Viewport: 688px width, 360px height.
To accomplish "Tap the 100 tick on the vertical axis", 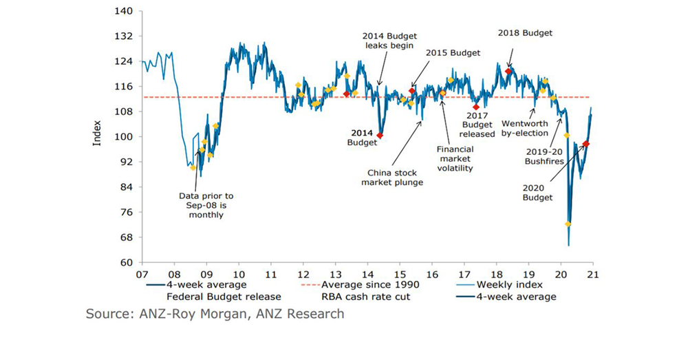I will tap(127, 137).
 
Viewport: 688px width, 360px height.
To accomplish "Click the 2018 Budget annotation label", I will tap(525, 32).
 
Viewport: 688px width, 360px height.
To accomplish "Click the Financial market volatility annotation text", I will tap(455, 158).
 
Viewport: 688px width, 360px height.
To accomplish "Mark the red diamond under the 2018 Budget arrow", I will tap(509, 72).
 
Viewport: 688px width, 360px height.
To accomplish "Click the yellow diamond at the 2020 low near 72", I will tap(568, 224).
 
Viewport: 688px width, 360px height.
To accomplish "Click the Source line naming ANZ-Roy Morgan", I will tap(215, 315).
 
